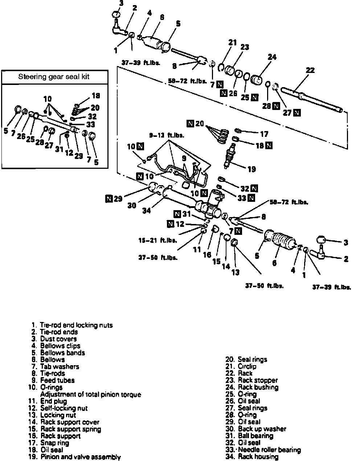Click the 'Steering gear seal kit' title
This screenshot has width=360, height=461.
(54, 77)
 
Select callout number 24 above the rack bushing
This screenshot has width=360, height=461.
(272, 57)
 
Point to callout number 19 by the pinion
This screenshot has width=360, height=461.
(251, 169)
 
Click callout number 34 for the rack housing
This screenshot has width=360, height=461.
(146, 210)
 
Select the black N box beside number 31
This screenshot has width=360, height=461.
(177, 213)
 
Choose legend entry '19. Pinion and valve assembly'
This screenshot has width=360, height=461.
(76, 457)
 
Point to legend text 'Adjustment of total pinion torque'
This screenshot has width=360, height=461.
(90, 394)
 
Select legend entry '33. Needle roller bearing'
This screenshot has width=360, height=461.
(263, 450)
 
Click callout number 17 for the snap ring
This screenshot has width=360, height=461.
(264, 134)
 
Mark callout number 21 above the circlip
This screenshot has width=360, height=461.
(233, 42)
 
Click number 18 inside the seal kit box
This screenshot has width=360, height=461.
(96, 96)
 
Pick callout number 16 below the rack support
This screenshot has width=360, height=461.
(207, 254)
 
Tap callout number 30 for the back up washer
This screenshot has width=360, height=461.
(132, 205)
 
